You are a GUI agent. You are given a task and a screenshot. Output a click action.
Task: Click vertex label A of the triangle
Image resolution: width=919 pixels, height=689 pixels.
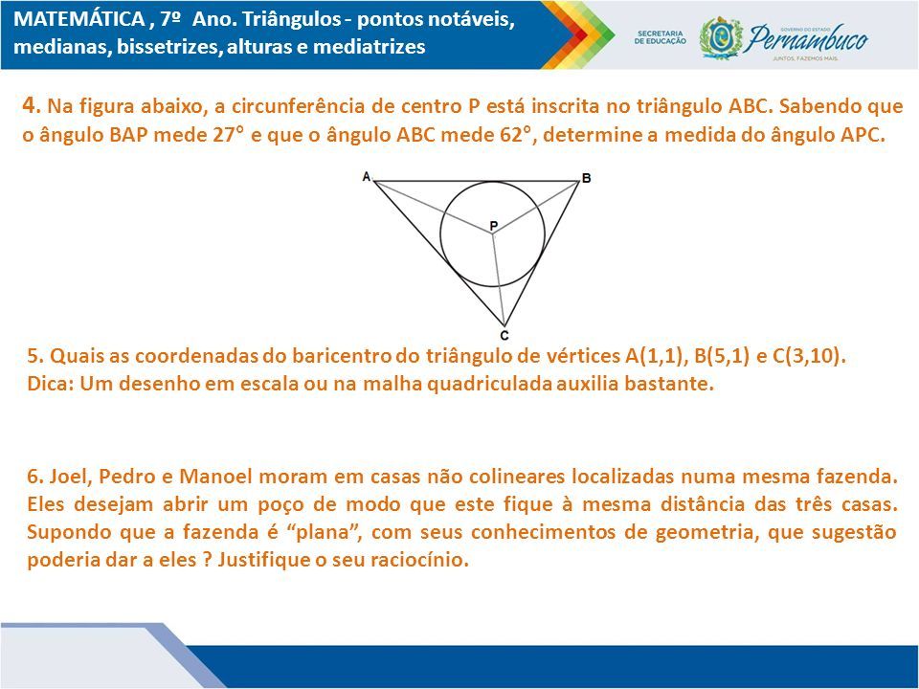click(367, 176)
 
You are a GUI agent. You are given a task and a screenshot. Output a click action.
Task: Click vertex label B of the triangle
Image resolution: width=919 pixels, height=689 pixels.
click(586, 178)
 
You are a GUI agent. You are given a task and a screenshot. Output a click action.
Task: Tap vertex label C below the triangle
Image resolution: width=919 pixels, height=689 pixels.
click(504, 336)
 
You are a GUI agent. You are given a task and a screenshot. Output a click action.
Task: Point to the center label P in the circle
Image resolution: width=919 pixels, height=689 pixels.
click(494, 226)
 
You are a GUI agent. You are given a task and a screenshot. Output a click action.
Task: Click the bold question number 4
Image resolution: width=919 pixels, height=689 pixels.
click(31, 105)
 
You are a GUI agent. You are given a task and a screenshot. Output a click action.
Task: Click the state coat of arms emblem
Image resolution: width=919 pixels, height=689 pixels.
click(721, 37)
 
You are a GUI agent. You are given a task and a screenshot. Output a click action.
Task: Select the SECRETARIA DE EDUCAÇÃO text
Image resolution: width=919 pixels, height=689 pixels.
click(660, 37)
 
